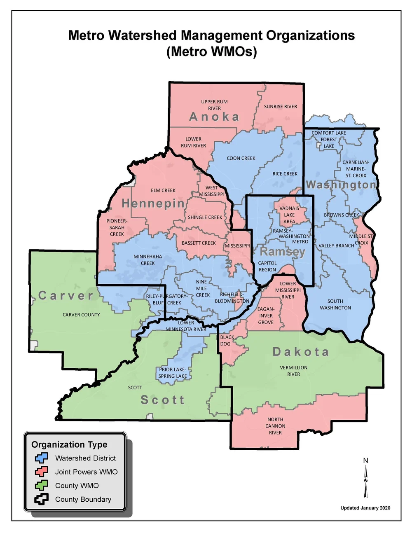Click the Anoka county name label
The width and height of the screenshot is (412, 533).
(214, 117)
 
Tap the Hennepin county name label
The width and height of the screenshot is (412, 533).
(153, 203)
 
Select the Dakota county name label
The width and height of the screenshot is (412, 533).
(301, 352)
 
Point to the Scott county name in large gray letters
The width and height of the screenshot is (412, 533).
(163, 400)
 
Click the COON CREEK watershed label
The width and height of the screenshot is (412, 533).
(241, 158)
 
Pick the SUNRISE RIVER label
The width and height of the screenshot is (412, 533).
(280, 107)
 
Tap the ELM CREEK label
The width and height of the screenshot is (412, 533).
(163, 190)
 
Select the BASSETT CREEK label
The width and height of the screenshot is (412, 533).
(199, 243)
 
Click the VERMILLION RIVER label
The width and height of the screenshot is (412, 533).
(293, 371)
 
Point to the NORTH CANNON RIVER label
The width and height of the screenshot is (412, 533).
(275, 426)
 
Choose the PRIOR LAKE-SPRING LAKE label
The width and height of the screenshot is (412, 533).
(173, 373)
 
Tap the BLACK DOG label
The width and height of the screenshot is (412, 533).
(227, 340)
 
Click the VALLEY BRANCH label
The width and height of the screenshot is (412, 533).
(336, 245)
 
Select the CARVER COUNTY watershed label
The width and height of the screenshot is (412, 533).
(81, 315)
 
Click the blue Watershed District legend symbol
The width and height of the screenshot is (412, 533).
(42, 458)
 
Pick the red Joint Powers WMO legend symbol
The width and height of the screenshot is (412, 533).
(42, 472)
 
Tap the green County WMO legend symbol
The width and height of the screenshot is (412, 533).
(42, 486)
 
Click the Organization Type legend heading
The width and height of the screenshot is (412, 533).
(69, 444)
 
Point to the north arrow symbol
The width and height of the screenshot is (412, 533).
(365, 480)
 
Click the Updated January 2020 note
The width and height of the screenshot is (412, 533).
(365, 508)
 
